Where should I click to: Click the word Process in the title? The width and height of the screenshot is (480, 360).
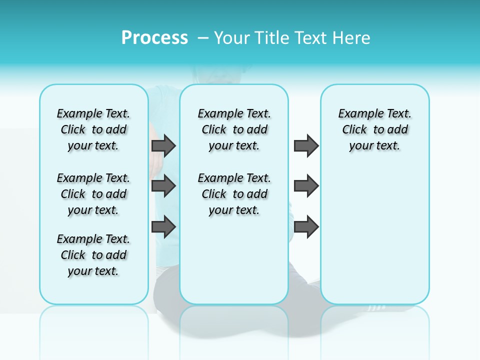pos(154,38)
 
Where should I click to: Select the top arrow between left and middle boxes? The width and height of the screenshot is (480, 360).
pos(163,145)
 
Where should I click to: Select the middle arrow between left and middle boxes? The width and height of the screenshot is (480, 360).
pos(163,186)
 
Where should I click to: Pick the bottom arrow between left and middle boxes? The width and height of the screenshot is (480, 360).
pos(163,226)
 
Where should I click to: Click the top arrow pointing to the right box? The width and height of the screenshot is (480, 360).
pos(306,145)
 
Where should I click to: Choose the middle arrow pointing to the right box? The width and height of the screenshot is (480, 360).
pos(306,186)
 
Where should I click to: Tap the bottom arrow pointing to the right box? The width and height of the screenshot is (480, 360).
pos(306,226)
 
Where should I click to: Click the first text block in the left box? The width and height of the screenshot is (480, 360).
pos(93,129)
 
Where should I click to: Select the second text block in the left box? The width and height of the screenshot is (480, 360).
pos(93,194)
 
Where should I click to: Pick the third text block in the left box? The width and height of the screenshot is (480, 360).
pos(93,255)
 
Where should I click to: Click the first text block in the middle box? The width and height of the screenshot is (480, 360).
pos(234,129)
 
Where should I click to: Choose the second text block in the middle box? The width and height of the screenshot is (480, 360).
pos(234,194)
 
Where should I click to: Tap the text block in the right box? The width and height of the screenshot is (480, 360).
pos(375,129)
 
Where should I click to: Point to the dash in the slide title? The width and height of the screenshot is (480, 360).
pos(203,38)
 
